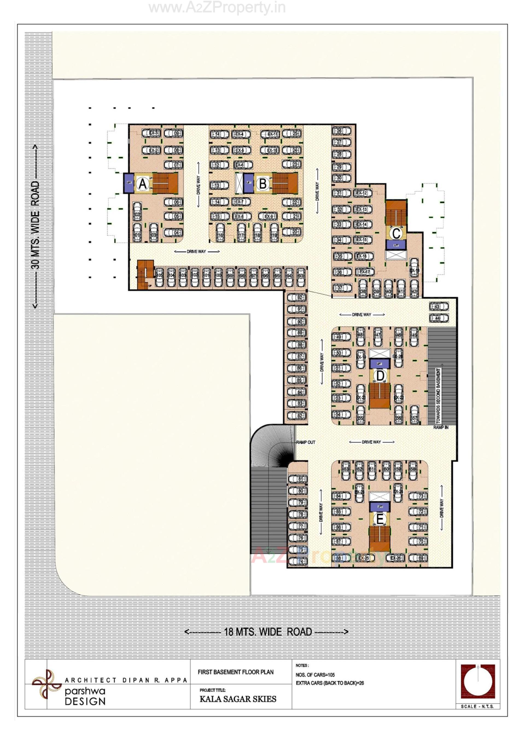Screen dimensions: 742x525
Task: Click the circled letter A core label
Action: click(x=142, y=184)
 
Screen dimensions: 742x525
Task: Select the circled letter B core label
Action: click(x=263, y=184)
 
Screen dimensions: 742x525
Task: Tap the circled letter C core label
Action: click(x=396, y=233)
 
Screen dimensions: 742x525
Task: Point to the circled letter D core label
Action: click(x=380, y=376)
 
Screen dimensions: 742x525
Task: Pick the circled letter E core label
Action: click(x=380, y=519)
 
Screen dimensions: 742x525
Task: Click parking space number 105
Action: click(x=159, y=277)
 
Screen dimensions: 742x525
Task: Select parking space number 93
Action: click(x=301, y=277)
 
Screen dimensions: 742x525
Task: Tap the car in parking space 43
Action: click(x=439, y=306)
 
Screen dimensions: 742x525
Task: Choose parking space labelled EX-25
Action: click(x=364, y=558)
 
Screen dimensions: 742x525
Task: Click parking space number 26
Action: click(x=341, y=131)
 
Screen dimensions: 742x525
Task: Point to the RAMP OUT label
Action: click(x=305, y=442)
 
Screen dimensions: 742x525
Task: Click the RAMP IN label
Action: click(x=441, y=427)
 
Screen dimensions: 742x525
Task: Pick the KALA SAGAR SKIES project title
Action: click(x=238, y=699)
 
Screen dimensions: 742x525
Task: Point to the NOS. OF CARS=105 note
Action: click(x=315, y=675)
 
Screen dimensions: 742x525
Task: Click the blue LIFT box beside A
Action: click(x=129, y=183)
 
